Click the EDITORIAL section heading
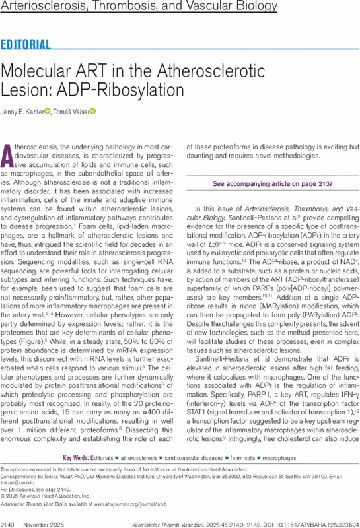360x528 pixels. tap(26, 45)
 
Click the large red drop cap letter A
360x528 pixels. tap(9, 155)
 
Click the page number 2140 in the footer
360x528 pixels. tap(9, 521)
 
